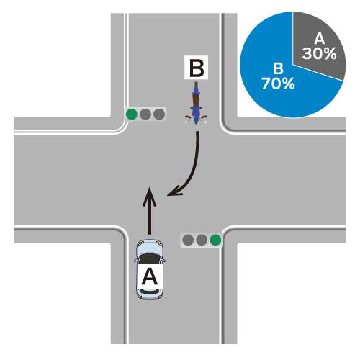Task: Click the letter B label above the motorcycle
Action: (x=196, y=68)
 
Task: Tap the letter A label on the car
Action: (x=150, y=276)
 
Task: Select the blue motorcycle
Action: (x=196, y=103)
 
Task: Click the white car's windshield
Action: (x=149, y=259)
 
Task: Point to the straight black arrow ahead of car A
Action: (x=149, y=210)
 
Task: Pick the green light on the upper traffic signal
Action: (x=132, y=114)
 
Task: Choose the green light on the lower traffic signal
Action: (x=215, y=240)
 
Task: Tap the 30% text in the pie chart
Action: (x=319, y=53)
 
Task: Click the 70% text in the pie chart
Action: (x=278, y=84)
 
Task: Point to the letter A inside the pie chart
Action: (x=320, y=38)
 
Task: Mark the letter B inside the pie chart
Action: (x=278, y=68)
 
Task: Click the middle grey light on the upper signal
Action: (x=145, y=114)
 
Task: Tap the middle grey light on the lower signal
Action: (x=202, y=240)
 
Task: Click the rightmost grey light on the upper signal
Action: (x=159, y=114)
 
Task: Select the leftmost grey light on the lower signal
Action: (x=188, y=240)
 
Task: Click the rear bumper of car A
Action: (x=149, y=294)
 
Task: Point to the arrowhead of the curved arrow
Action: (x=174, y=192)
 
